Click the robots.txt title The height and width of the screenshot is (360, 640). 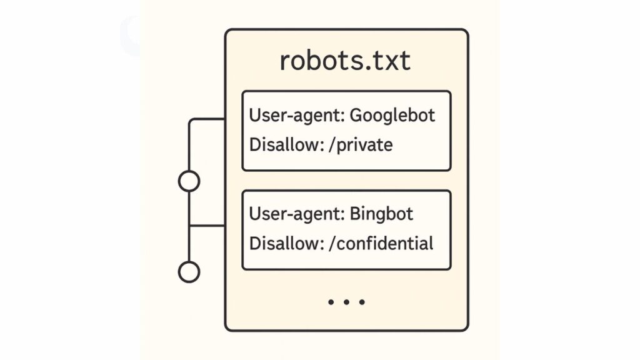(345, 61)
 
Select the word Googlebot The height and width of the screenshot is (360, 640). (392, 116)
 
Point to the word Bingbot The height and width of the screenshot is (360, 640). (381, 214)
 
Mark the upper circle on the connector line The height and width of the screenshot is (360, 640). (189, 181)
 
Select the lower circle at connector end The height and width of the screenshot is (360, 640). (189, 272)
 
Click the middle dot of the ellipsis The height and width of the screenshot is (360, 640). (346, 302)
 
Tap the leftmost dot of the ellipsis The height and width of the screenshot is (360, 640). (331, 302)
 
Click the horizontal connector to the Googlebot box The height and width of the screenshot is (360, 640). (207, 119)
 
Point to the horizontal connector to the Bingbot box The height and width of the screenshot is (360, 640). (207, 226)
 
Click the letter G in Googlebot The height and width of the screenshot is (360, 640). (356, 116)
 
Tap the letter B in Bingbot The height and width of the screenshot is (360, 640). (356, 214)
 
